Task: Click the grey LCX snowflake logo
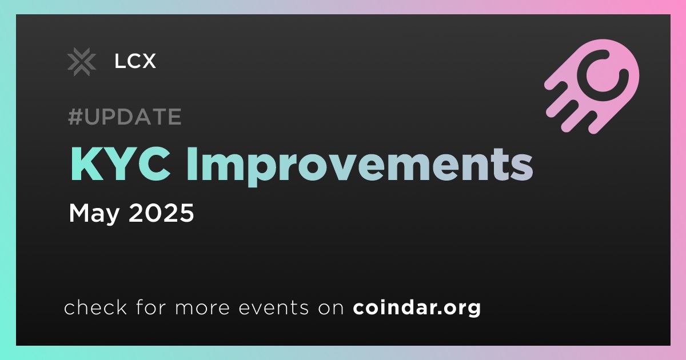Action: (x=82, y=62)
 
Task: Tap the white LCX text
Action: (x=135, y=61)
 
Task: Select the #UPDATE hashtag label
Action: (x=125, y=117)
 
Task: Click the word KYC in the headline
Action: (x=121, y=165)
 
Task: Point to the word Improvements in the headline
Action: (x=360, y=167)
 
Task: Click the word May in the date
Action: (x=94, y=213)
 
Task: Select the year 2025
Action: (x=161, y=213)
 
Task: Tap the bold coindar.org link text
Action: (x=417, y=307)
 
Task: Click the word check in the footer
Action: (x=95, y=307)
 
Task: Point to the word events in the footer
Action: (x=274, y=307)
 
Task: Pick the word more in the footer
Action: (x=202, y=308)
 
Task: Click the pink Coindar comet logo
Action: (x=592, y=87)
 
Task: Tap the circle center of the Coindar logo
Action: (x=603, y=75)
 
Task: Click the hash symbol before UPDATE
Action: (x=75, y=117)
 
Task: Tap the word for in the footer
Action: (x=151, y=307)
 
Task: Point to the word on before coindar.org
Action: (x=331, y=308)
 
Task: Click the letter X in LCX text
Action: (x=148, y=61)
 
